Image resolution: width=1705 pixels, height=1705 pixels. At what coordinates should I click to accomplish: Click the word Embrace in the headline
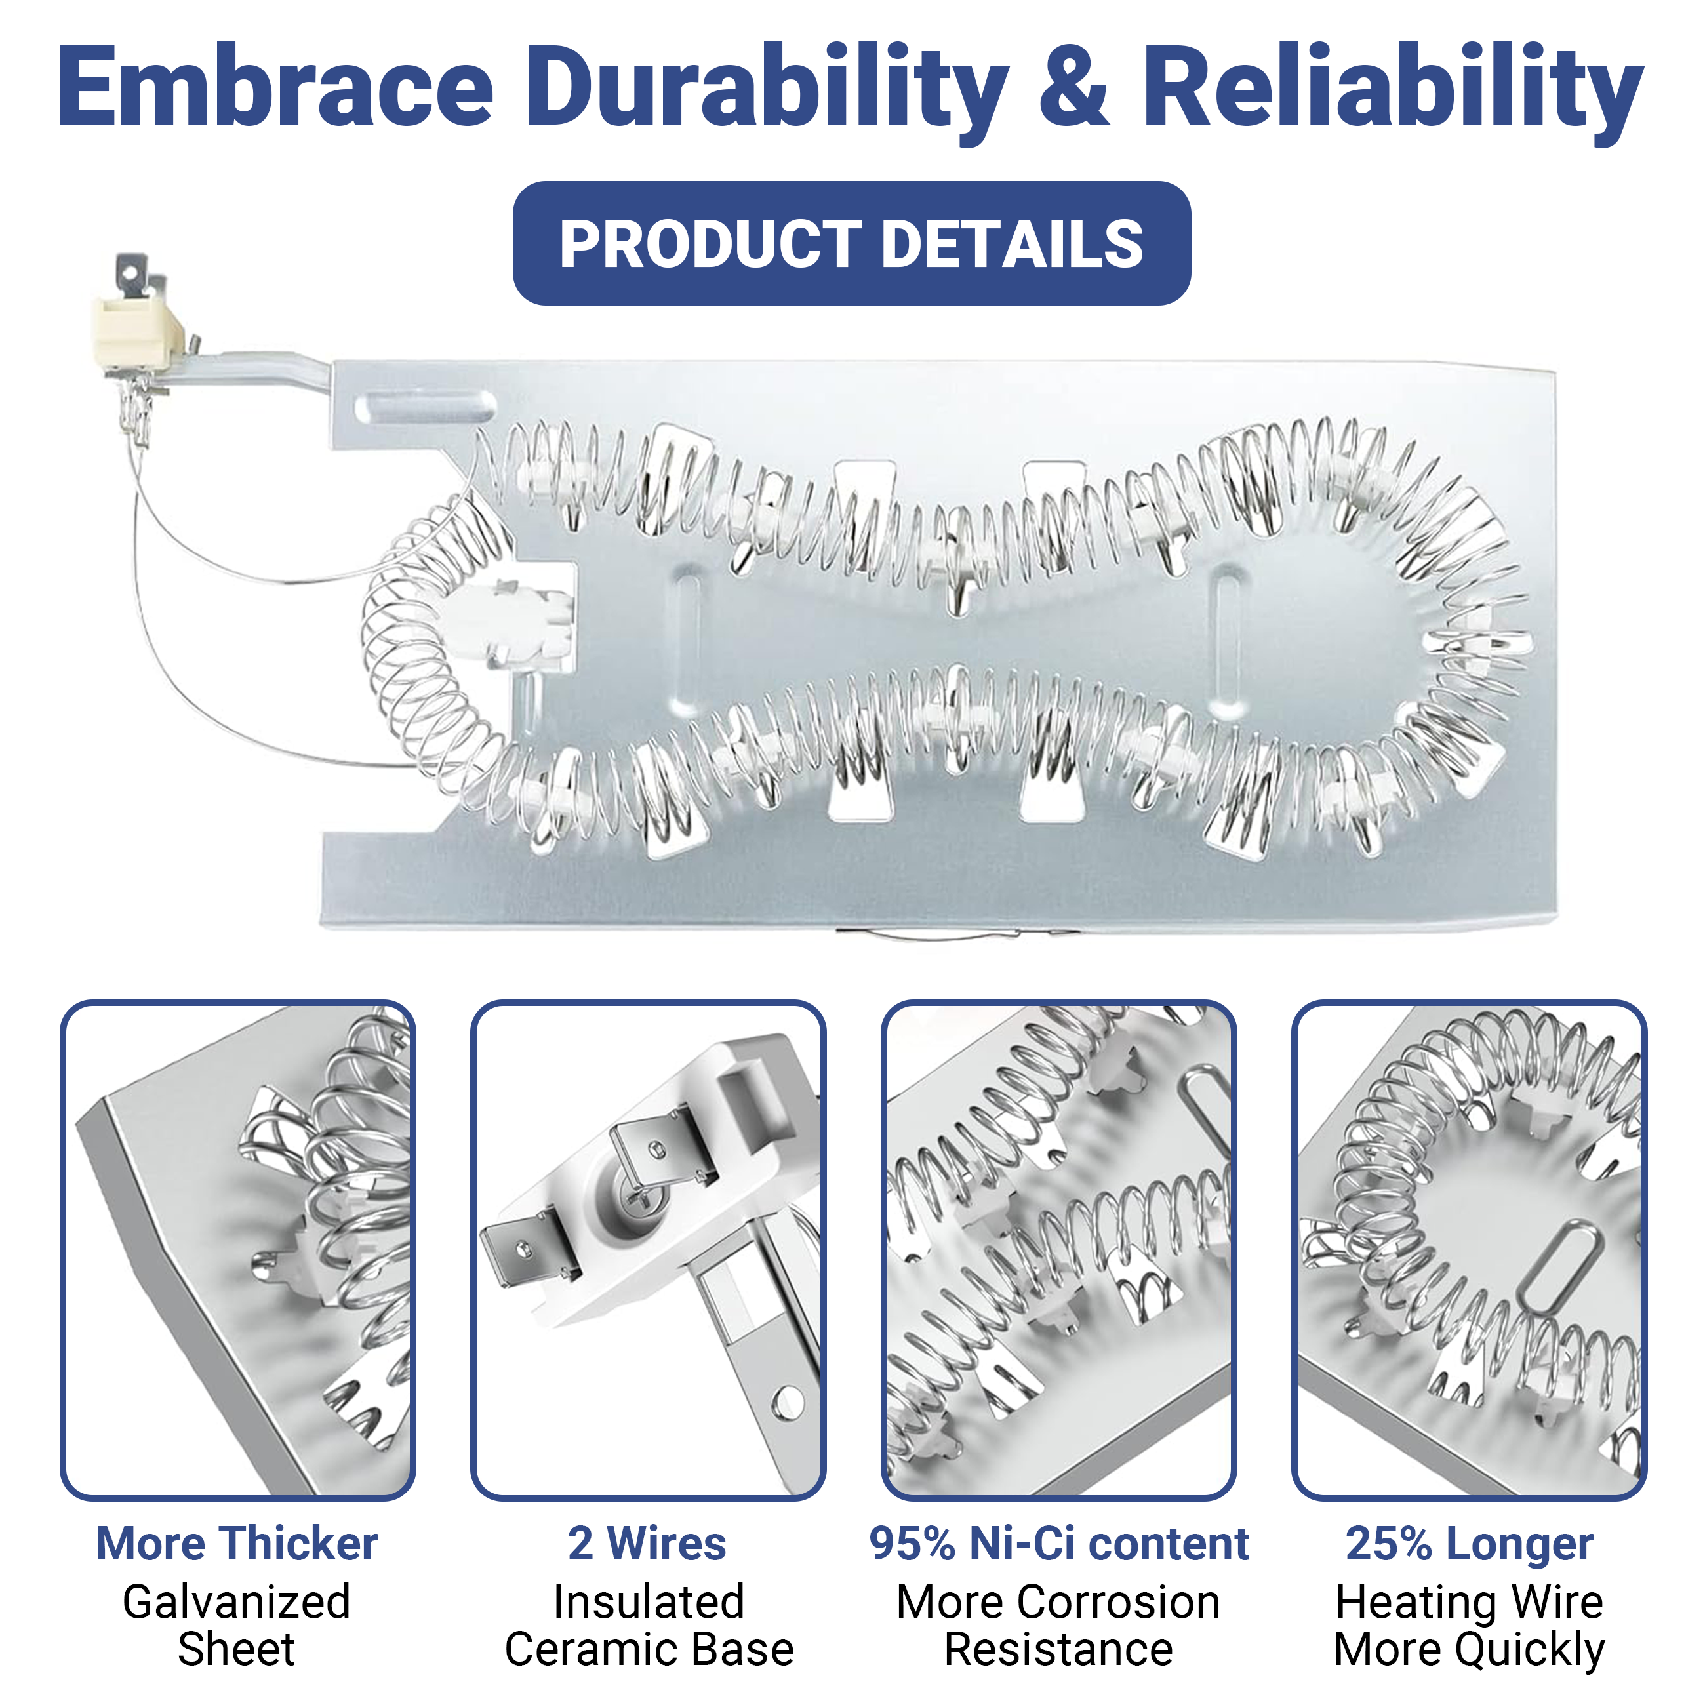tap(275, 87)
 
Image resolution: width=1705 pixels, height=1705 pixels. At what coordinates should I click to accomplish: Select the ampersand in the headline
tap(1074, 87)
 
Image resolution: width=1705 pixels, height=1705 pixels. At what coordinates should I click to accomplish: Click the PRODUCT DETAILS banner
tap(852, 243)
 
